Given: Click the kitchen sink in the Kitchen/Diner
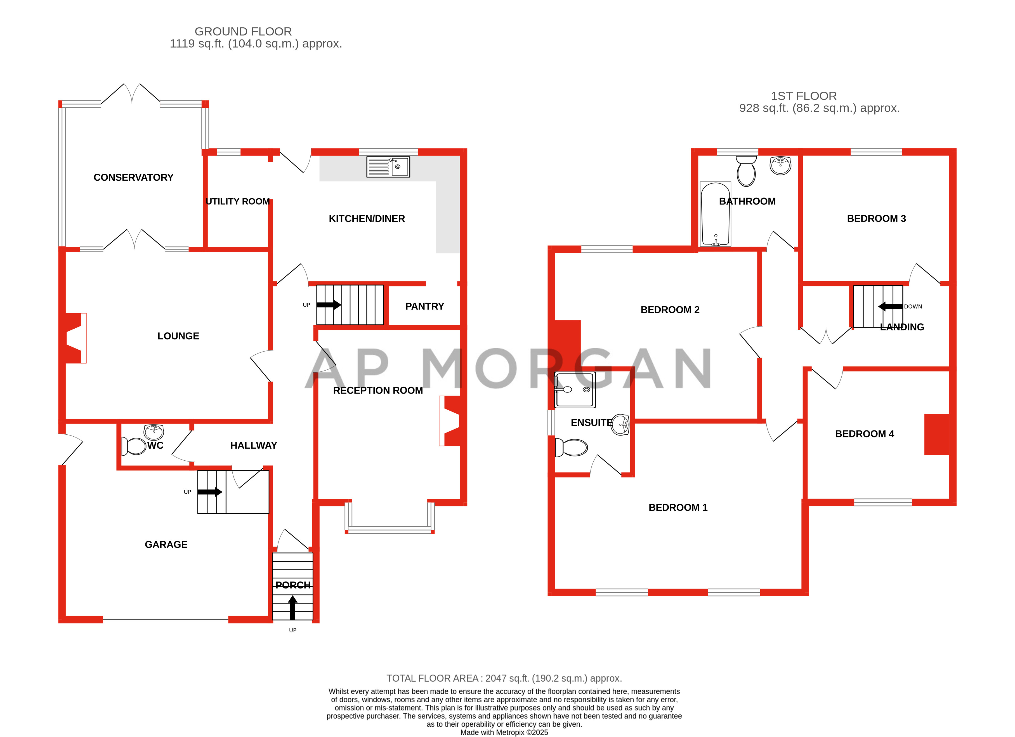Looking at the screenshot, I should click(x=388, y=167).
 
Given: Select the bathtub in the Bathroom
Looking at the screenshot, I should click(x=715, y=214).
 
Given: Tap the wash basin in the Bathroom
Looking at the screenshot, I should click(x=780, y=166).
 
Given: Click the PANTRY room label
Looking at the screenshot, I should click(x=424, y=306).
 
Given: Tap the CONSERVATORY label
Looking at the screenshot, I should click(x=133, y=177).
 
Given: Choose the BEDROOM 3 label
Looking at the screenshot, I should click(x=876, y=218).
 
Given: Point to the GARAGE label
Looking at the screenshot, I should click(x=166, y=545).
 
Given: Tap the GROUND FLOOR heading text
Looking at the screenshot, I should click(x=243, y=31).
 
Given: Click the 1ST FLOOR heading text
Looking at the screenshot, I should click(x=803, y=96).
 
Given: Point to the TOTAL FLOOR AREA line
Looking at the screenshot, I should click(x=504, y=678).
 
